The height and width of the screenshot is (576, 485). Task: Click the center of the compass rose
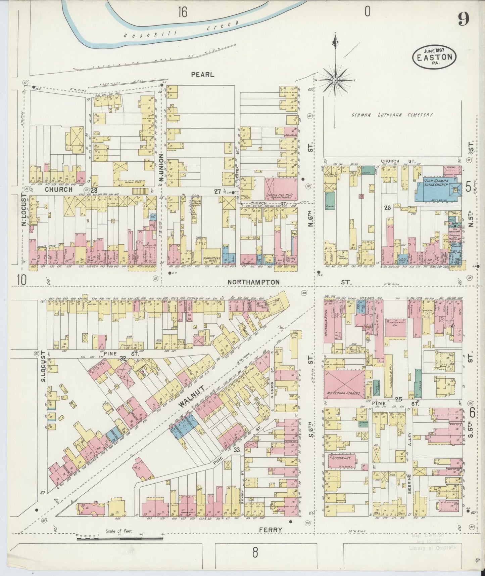click(335, 80)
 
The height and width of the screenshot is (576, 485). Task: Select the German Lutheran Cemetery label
click(392, 115)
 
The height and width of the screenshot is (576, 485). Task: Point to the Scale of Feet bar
click(120, 539)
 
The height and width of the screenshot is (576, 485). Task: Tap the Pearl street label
click(202, 74)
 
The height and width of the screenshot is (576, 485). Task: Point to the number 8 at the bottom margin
click(255, 552)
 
